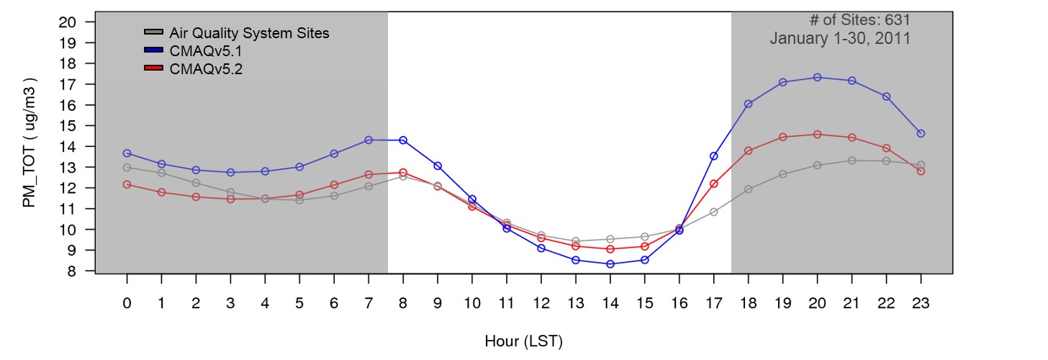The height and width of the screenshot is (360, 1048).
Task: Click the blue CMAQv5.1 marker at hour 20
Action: (x=817, y=77)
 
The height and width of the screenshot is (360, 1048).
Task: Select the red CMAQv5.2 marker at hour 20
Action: (x=817, y=134)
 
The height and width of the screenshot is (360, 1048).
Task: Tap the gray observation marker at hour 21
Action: (x=851, y=161)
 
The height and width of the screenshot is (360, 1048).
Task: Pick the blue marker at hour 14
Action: (x=610, y=264)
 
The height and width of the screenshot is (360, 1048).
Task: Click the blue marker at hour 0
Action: (x=127, y=153)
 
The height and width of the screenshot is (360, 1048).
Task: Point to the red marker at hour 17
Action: (x=713, y=184)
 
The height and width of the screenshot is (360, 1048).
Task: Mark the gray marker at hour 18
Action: (x=748, y=189)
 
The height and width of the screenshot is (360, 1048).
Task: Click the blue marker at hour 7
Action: (x=369, y=140)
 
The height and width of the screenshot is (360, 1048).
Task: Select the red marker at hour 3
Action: (x=230, y=199)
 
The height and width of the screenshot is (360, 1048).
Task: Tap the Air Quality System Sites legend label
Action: (x=249, y=33)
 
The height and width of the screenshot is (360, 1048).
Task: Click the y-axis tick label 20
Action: (x=67, y=22)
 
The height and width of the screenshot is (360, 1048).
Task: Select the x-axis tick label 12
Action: (x=541, y=304)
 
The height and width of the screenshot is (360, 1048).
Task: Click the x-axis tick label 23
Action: (x=921, y=304)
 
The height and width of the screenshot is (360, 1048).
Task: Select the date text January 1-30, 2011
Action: (x=839, y=39)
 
